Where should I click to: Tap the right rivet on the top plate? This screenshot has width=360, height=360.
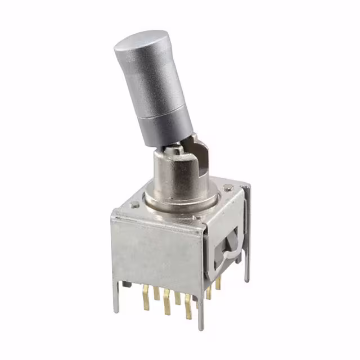pos(227,187)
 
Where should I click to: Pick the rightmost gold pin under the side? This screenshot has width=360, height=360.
pos(218,284)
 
